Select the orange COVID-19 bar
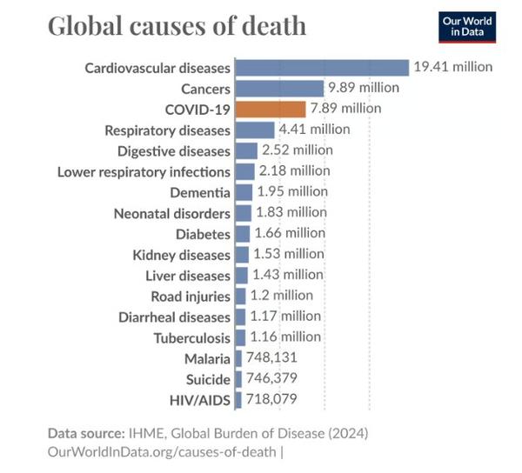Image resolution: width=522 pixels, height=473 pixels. [270, 109]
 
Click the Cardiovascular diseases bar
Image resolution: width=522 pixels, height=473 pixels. [321, 67]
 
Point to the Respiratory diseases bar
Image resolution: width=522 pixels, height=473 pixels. [254, 130]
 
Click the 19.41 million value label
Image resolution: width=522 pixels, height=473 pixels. [453, 66]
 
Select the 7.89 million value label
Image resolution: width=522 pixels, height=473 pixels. [345, 109]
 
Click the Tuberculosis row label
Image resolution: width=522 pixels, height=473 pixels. [192, 338]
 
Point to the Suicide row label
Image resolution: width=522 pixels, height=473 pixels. [208, 380]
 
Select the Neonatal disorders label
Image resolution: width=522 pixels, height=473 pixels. [172, 213]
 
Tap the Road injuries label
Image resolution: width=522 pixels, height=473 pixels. [191, 296]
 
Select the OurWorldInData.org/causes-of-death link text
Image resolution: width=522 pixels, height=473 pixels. [163, 451]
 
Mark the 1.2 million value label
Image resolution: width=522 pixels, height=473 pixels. [281, 296]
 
